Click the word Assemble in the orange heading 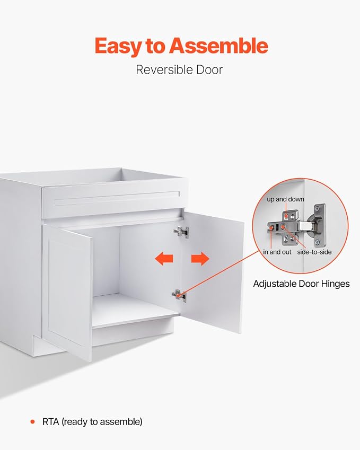click(x=218, y=46)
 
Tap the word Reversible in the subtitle click(x=164, y=70)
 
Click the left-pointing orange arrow click(x=164, y=258)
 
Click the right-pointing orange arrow click(x=200, y=258)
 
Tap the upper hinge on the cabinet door click(x=181, y=232)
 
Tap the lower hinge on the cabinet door click(x=179, y=296)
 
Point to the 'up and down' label click(x=285, y=199)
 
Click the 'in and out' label click(x=277, y=252)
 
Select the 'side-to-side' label click(x=314, y=252)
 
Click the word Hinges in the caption click(x=335, y=284)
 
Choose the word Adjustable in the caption click(x=275, y=284)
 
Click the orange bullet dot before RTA click(x=32, y=421)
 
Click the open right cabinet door click(x=213, y=272)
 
